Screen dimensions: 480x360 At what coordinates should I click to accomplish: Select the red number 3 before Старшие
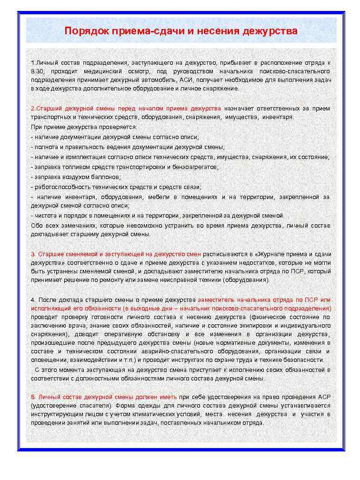tap(32, 254)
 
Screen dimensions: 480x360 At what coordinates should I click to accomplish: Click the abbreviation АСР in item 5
tap(324, 397)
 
